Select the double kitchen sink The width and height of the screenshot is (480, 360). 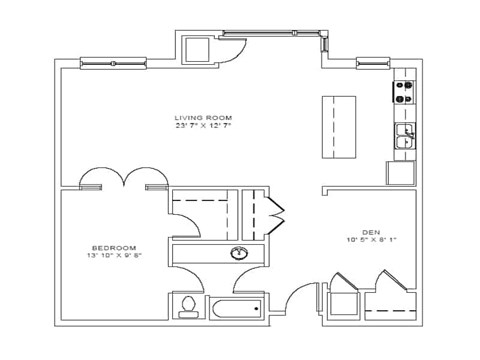(x=405, y=138)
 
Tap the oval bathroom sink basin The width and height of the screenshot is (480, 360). (x=240, y=253)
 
